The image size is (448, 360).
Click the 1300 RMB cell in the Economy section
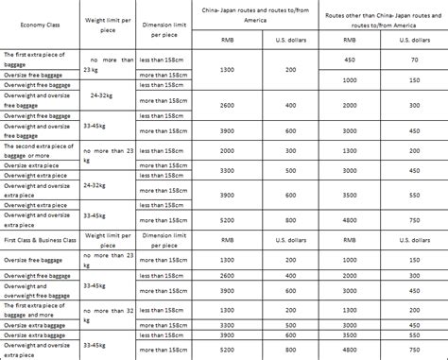tap(226, 70)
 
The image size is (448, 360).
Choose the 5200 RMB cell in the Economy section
tap(226, 218)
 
